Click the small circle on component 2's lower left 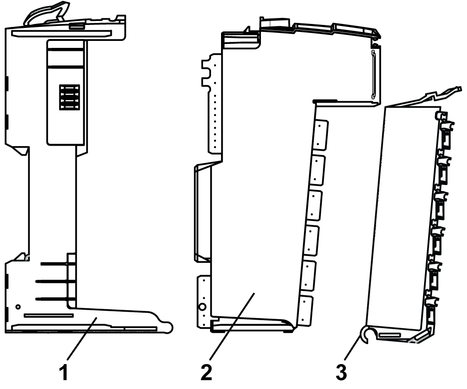[x=203, y=306]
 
